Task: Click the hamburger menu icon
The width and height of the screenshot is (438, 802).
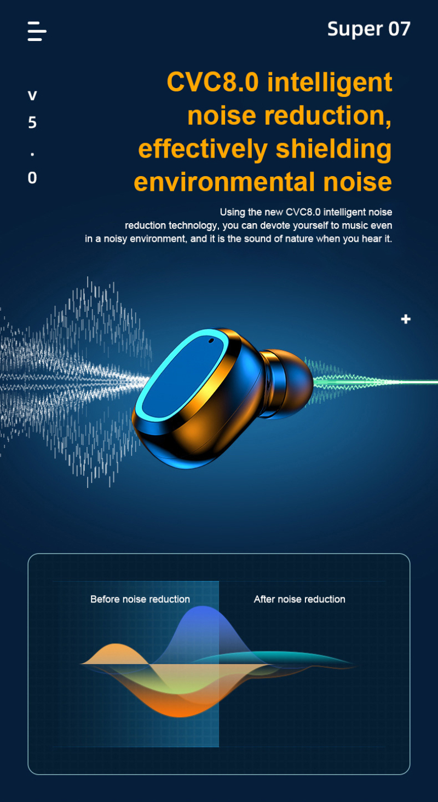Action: pos(37,31)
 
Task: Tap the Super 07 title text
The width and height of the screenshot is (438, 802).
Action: pos(369,29)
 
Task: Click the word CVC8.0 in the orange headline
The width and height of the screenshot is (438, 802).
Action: pos(212,82)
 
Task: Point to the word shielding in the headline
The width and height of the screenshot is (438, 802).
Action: pos(333,150)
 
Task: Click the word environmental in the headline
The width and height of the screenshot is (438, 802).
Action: pos(224,182)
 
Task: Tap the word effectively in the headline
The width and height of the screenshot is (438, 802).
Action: pos(203,150)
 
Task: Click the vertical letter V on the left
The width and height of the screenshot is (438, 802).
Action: pos(32,96)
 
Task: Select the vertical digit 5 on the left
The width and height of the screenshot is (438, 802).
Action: pos(32,123)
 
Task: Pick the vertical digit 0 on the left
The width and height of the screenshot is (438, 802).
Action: pos(32,178)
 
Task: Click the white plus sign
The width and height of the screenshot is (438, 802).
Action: pos(406,319)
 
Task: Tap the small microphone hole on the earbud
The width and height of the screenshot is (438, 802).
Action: pos(211,340)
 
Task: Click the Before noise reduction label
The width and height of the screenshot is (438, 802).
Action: pos(140,599)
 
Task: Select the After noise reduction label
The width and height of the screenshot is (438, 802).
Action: pos(299,599)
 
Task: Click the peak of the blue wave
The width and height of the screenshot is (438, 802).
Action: pos(203,607)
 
